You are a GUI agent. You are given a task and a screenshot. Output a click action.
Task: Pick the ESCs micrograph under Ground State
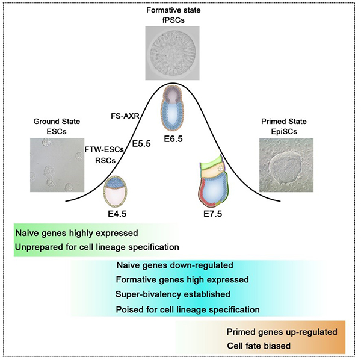[x=52, y=164]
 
